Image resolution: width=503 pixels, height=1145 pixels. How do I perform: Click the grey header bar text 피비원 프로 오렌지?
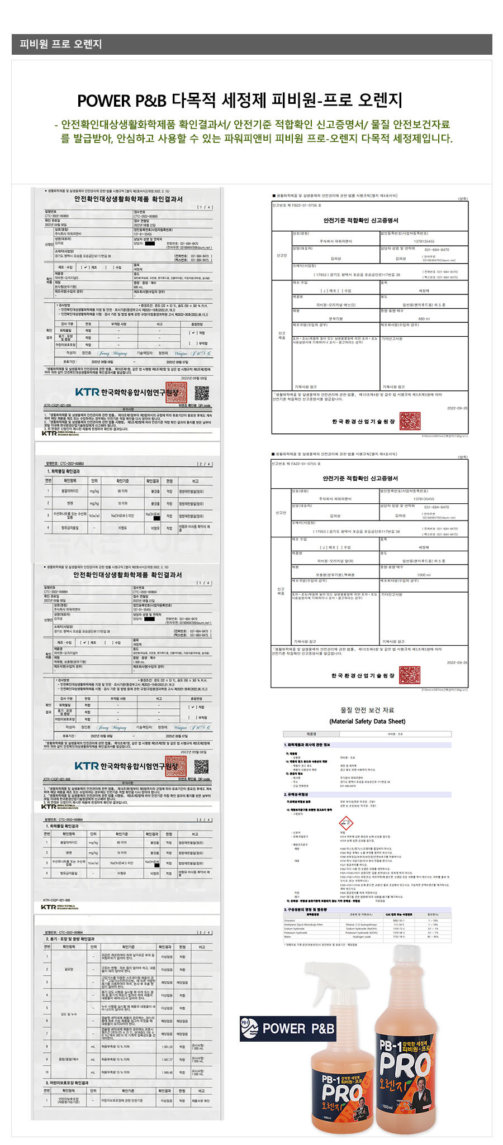coord(60,44)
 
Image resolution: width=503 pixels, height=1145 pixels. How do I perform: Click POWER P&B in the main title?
coord(121,101)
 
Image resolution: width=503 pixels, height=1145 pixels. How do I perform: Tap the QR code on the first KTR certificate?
coord(202,393)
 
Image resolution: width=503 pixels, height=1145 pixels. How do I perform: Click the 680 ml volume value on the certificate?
coord(424,319)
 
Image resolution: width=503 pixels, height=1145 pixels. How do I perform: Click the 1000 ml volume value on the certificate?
coord(424,575)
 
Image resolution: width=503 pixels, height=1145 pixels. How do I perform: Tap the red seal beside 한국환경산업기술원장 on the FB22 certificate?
coord(410,421)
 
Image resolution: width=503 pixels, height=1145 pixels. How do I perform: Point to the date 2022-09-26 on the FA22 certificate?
coord(457,662)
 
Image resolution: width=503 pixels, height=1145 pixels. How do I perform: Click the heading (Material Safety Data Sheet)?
coord(367,721)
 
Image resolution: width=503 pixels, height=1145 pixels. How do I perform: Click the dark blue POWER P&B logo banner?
coord(288,1028)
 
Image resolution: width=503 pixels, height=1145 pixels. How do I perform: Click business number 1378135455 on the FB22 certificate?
coord(424,241)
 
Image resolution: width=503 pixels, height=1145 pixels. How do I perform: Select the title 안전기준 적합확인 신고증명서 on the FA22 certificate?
coord(360,479)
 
